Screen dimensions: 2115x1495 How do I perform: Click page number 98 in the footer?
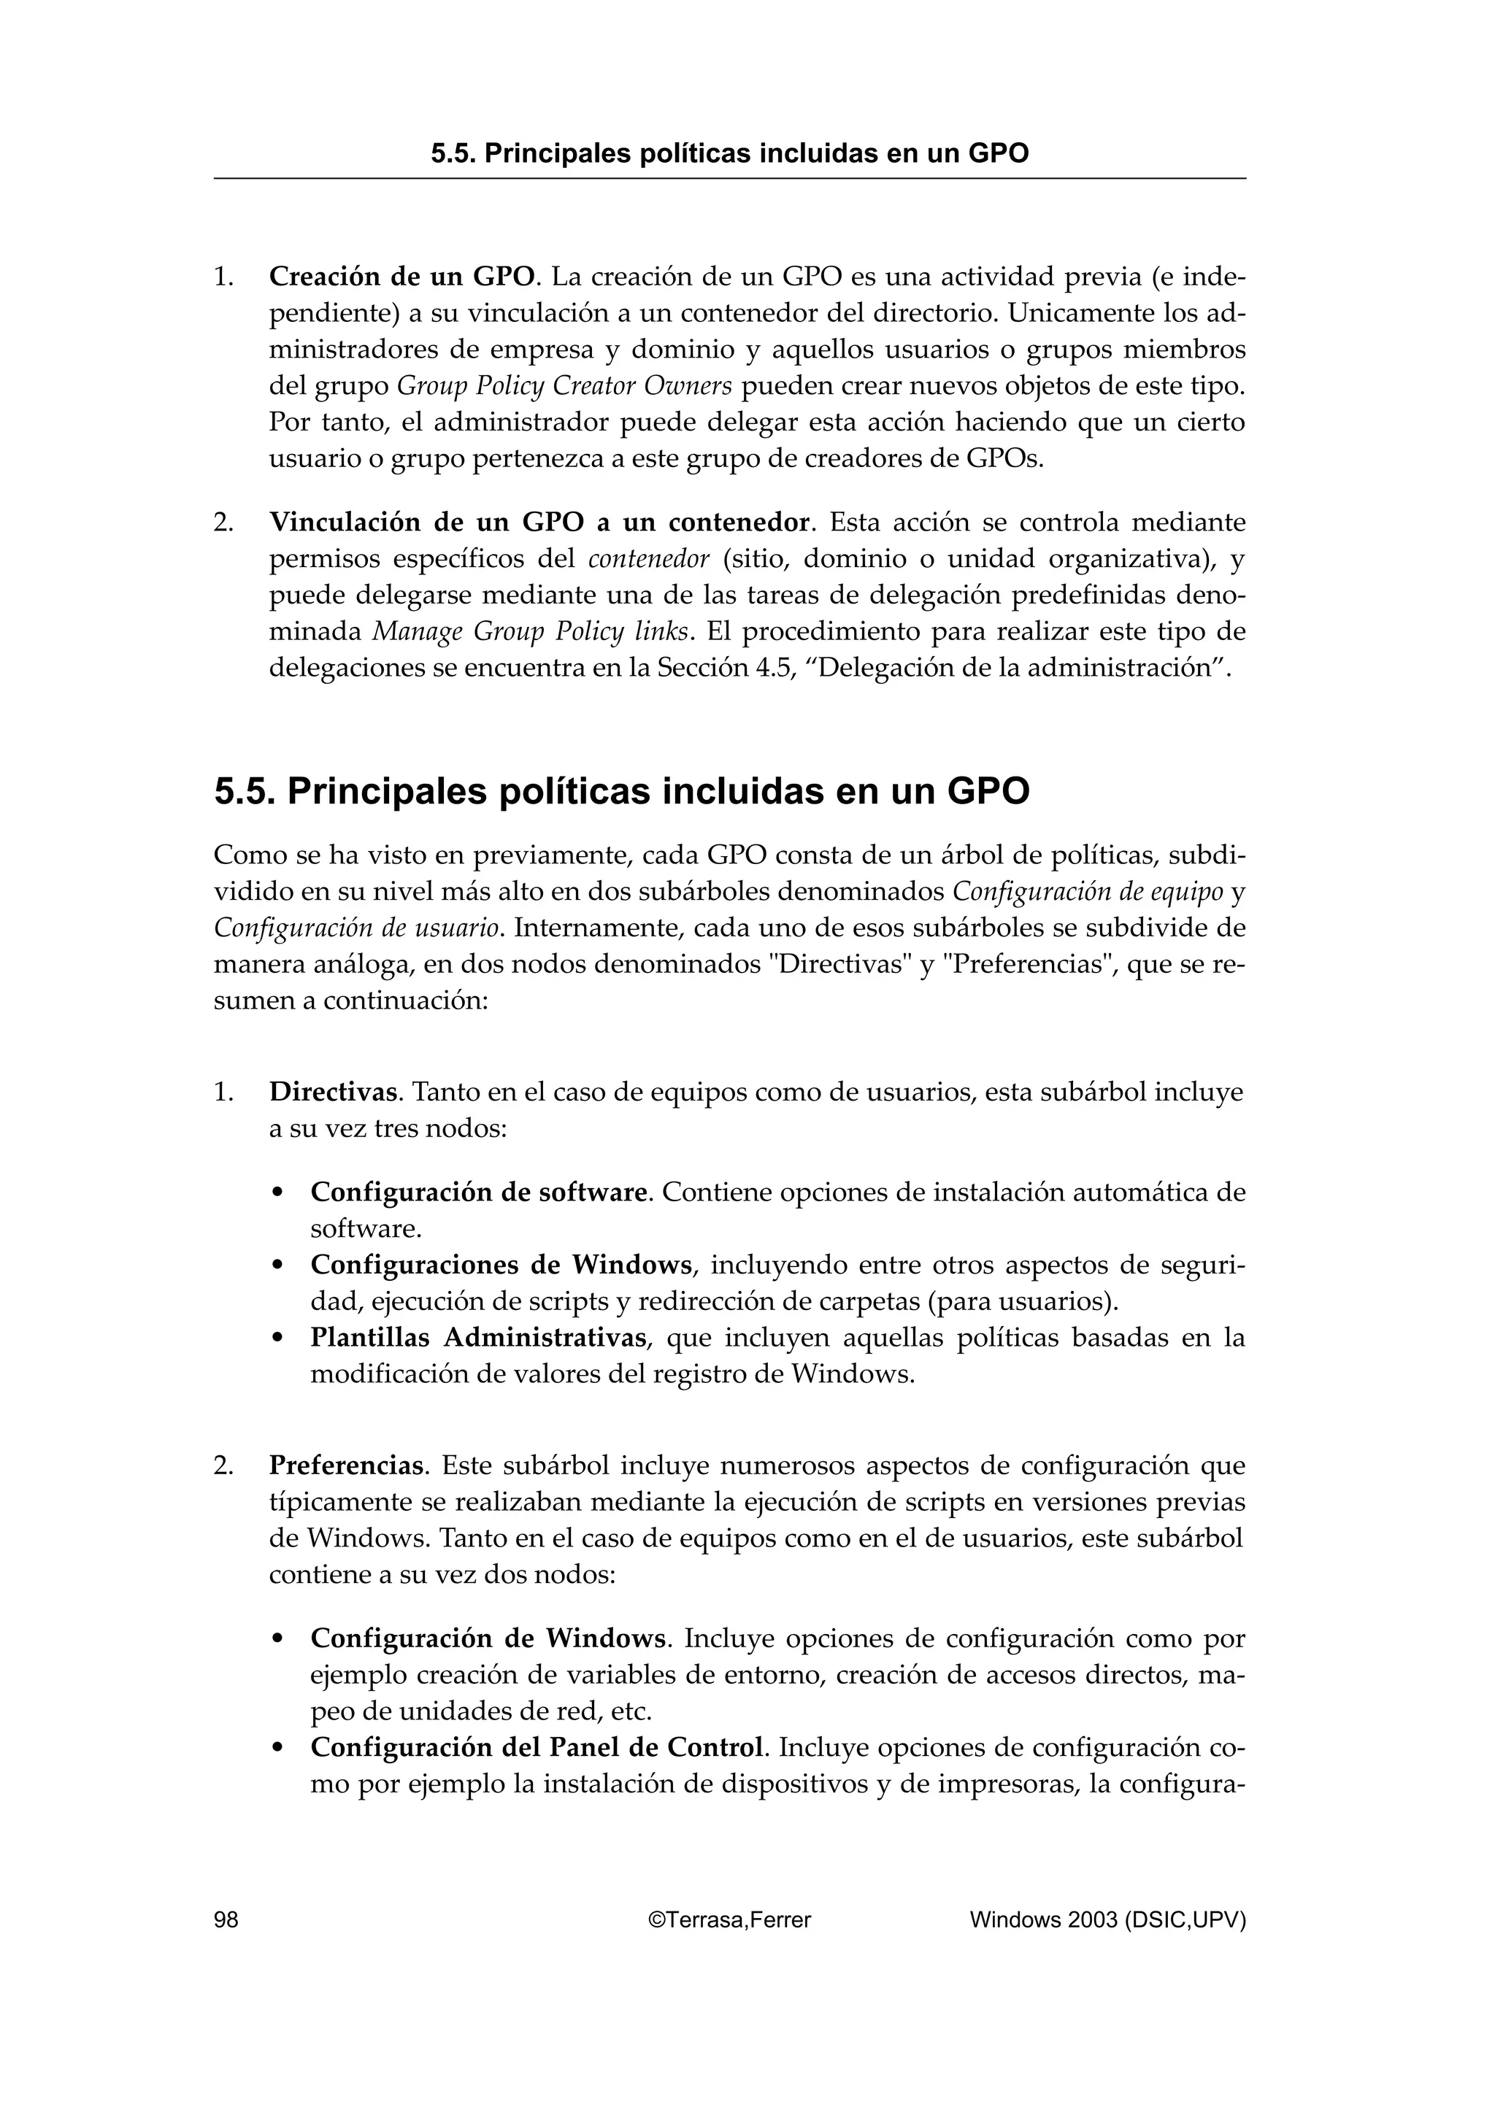pyautogui.click(x=226, y=1919)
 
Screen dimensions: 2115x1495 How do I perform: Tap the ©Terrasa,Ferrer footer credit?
pyautogui.click(x=729, y=1919)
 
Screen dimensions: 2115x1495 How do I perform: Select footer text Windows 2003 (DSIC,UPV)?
pyautogui.click(x=1107, y=1919)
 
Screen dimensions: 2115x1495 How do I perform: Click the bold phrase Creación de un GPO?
pyautogui.click(x=401, y=277)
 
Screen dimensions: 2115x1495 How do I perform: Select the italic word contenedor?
pyautogui.click(x=648, y=559)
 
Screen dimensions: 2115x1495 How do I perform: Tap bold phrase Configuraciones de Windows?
pyautogui.click(x=501, y=1265)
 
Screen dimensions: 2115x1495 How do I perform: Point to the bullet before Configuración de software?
pyautogui.click(x=277, y=1194)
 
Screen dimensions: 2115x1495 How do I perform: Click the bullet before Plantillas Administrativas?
pyautogui.click(x=277, y=1339)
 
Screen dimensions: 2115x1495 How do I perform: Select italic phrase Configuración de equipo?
pyautogui.click(x=1087, y=893)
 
